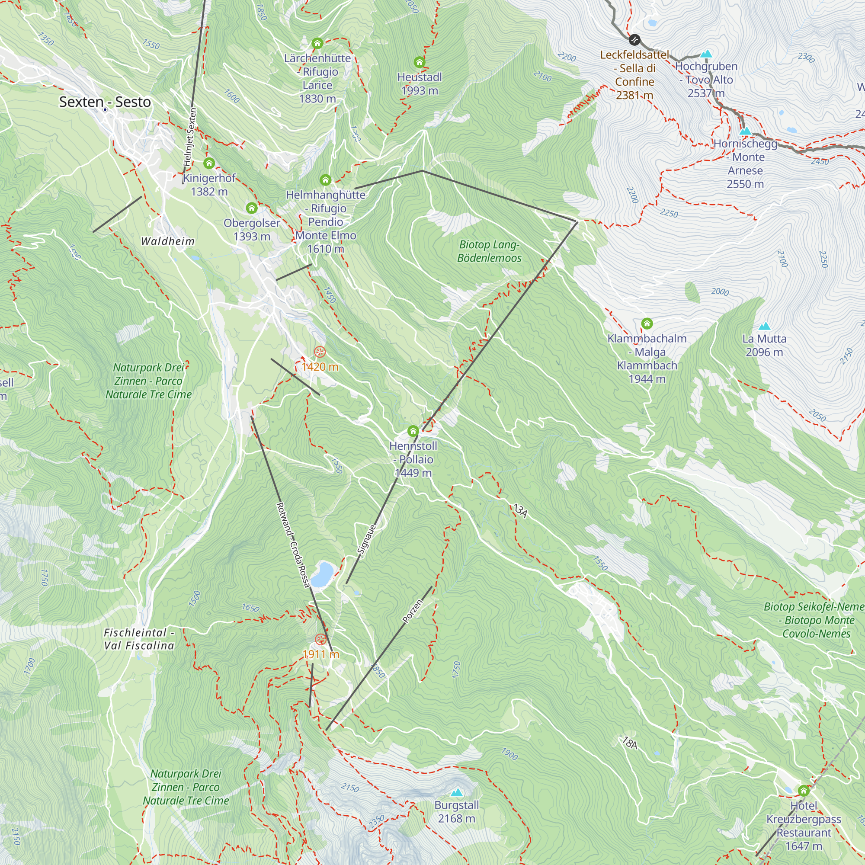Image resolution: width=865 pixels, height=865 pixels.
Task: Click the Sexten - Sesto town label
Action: coord(105,102)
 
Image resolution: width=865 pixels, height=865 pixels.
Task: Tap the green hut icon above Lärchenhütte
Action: coord(317,43)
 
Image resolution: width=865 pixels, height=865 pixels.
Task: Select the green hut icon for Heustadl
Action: coord(419,62)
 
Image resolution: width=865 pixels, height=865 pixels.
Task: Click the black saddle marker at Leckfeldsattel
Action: coord(634,40)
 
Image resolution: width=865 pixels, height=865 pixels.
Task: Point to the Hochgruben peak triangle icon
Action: coord(706,54)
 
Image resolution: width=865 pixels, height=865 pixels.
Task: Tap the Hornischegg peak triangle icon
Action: coord(745,131)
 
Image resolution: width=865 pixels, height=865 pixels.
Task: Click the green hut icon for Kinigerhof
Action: coord(209,163)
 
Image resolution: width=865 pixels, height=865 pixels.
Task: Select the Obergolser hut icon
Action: coord(252,208)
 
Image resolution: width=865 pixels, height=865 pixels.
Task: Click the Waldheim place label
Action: coord(168,241)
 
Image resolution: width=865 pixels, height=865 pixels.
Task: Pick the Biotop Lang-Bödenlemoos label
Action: coord(489,251)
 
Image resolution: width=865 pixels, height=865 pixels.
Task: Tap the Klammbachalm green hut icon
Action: coord(647,323)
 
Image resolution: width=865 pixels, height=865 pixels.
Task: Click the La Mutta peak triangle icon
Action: coord(764,326)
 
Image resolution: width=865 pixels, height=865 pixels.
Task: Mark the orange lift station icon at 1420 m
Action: coord(319,352)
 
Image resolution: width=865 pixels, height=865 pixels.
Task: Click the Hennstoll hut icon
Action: coord(413,431)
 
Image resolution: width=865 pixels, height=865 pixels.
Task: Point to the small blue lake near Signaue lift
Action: coord(322,575)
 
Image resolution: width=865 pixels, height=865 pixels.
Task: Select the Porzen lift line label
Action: coord(412,612)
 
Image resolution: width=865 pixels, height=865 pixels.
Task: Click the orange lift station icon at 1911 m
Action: coord(320,639)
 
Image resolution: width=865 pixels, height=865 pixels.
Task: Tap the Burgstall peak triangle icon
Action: coord(456,792)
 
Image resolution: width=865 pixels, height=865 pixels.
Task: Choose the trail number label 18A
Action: coord(629,743)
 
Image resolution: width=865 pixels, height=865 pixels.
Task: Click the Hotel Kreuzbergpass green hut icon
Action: coord(804,791)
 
